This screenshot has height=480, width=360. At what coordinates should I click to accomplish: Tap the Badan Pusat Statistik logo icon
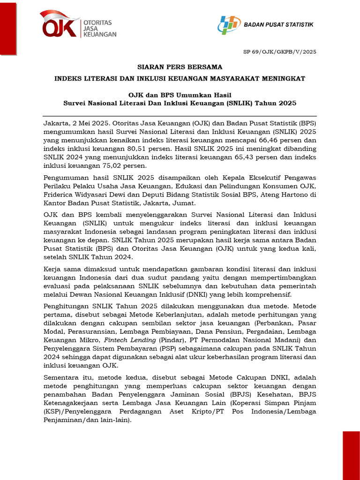[x=229, y=24]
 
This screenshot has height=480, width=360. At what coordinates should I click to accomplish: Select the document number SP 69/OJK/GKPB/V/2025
[x=285, y=52]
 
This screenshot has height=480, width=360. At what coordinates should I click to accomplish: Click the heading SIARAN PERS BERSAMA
[x=180, y=67]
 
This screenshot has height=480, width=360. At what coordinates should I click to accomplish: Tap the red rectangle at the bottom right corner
[x=351, y=455]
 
